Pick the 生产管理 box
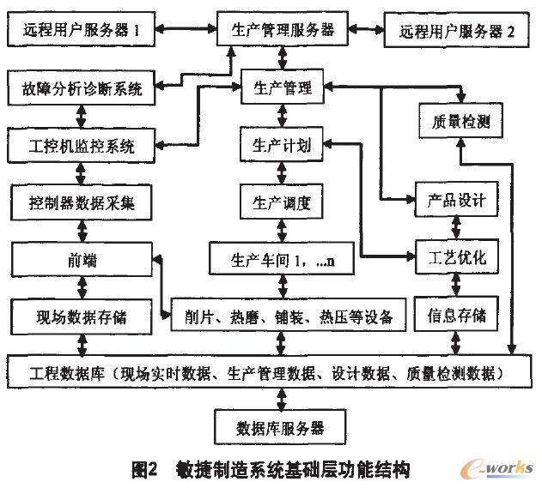click(x=282, y=87)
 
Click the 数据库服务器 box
click(x=280, y=425)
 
